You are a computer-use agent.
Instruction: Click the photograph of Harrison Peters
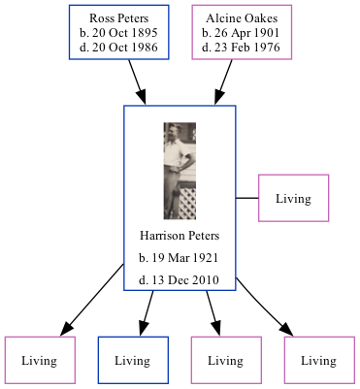tap(180, 170)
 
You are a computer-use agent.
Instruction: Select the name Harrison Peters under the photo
tap(180, 236)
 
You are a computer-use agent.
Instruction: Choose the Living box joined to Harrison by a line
tap(293, 199)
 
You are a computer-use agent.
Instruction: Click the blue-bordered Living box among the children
tap(134, 361)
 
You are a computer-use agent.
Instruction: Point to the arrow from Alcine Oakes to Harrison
tap(227, 81)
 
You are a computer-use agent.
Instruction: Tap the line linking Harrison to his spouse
tap(247, 199)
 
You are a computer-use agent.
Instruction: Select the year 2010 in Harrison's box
tap(206, 280)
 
